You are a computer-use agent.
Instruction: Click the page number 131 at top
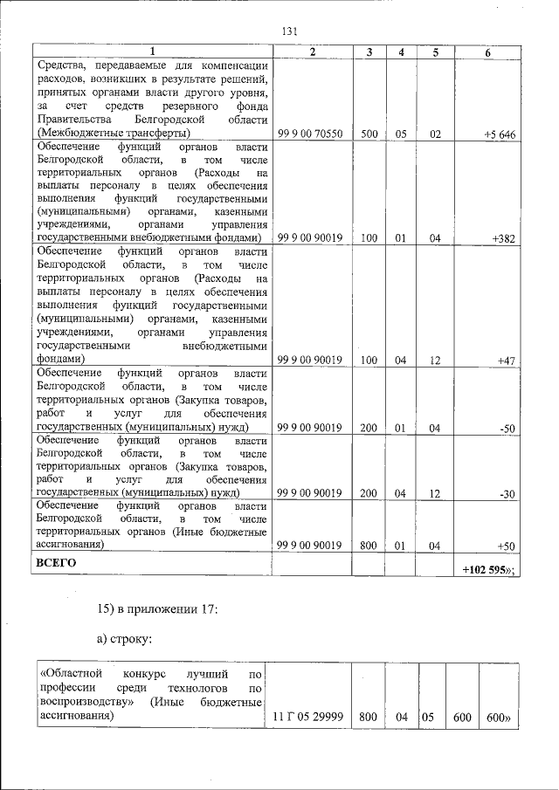(x=290, y=31)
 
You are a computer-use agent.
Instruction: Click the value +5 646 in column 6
(x=500, y=134)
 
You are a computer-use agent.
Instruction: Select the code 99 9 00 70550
(x=309, y=134)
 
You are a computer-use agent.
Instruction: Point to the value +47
(x=507, y=360)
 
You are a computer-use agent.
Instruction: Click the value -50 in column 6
(x=507, y=427)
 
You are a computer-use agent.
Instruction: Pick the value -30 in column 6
(x=507, y=494)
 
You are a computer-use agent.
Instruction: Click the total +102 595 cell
(x=488, y=568)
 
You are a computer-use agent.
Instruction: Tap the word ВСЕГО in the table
(x=55, y=563)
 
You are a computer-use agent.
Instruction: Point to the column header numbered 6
(x=487, y=52)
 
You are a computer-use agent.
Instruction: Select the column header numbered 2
(x=312, y=52)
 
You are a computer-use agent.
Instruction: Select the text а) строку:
(x=124, y=640)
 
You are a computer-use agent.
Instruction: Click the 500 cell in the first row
(x=369, y=134)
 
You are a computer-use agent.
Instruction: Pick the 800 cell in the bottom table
(x=368, y=717)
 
